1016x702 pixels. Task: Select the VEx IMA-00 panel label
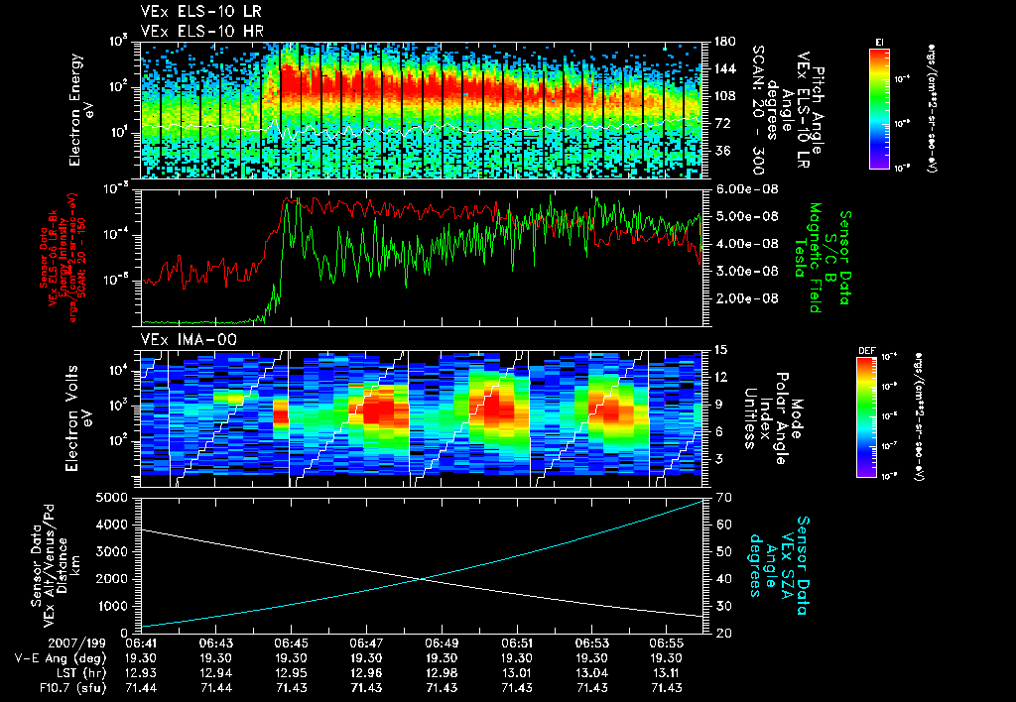click(180, 339)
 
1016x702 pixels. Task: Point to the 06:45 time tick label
click(290, 643)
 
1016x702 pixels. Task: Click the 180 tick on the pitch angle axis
click(722, 42)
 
